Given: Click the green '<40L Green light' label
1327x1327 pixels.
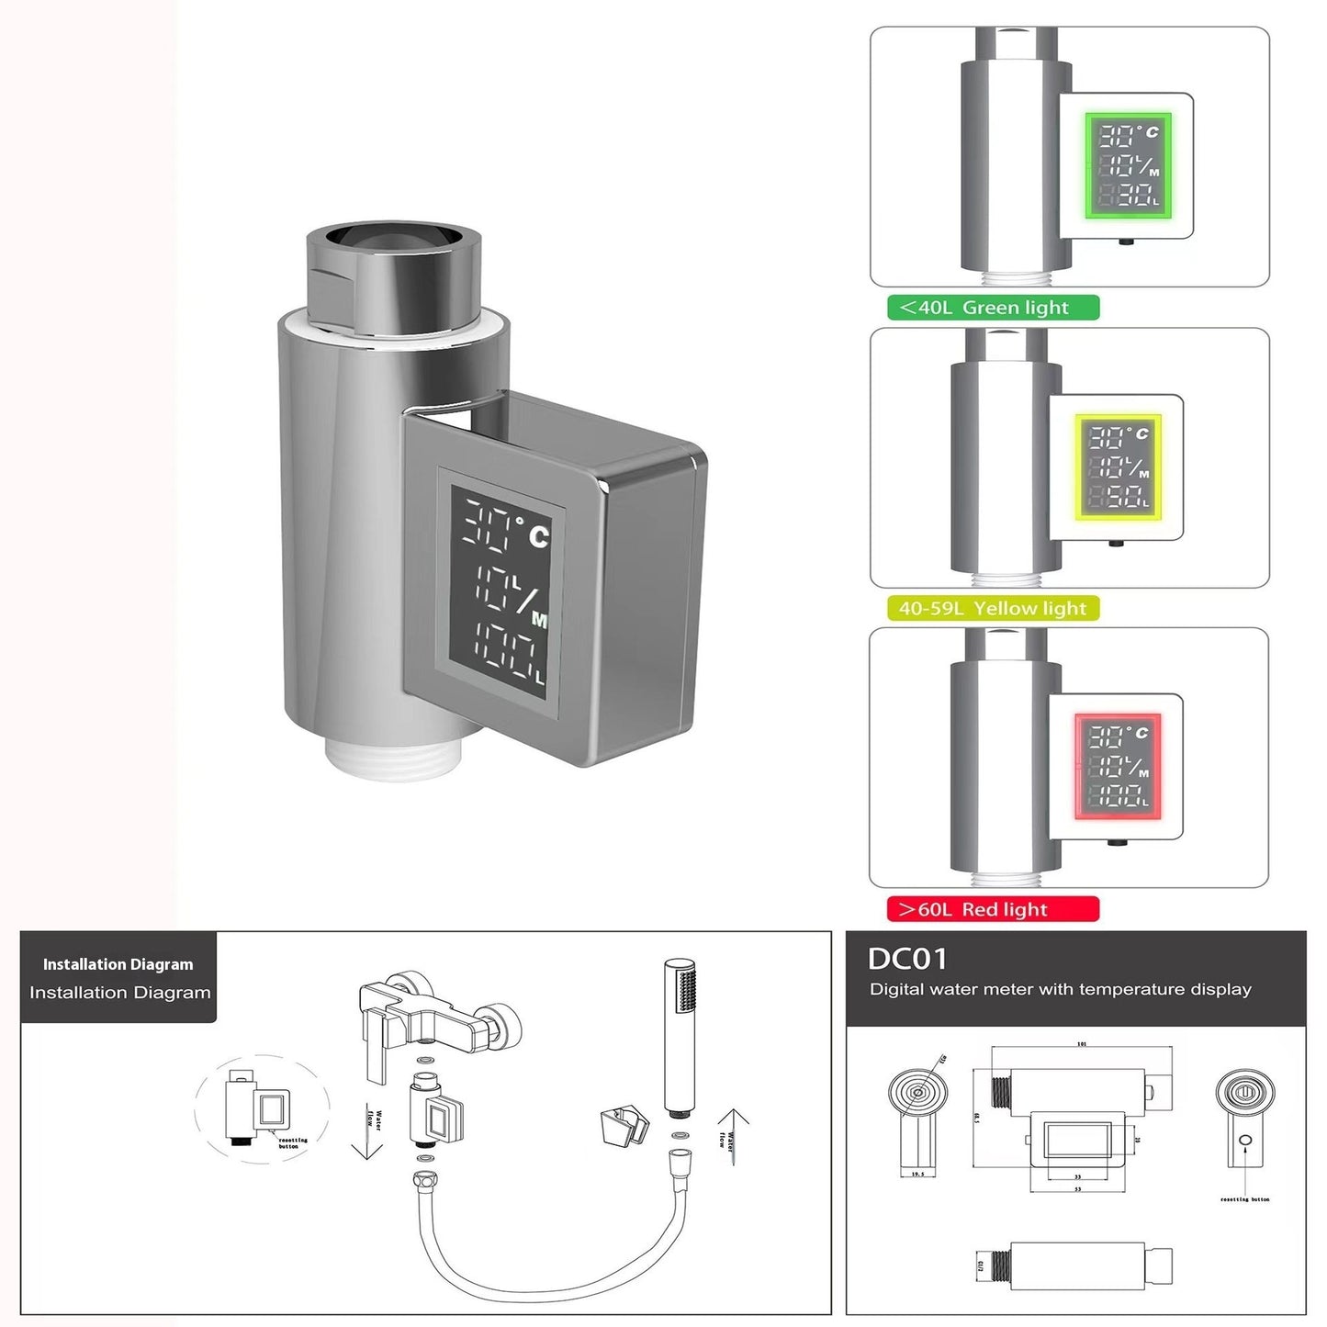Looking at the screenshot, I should tap(993, 308).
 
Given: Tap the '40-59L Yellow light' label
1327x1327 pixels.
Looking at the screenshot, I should tap(992, 608).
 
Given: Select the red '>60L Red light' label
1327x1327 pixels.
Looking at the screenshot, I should tap(992, 909).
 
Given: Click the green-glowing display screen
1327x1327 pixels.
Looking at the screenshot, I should tap(1129, 166).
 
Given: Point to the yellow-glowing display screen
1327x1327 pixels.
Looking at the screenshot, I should tap(1119, 467).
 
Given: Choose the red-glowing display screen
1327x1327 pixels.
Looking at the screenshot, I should tap(1118, 767).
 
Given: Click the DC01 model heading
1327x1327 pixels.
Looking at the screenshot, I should tap(906, 959).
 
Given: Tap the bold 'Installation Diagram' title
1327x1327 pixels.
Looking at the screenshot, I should tap(118, 964).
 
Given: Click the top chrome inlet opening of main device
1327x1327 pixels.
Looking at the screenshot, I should tap(395, 237).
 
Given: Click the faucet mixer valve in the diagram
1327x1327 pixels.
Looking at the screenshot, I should tap(432, 1019).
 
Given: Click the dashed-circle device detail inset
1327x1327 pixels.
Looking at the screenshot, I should tap(262, 1107).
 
